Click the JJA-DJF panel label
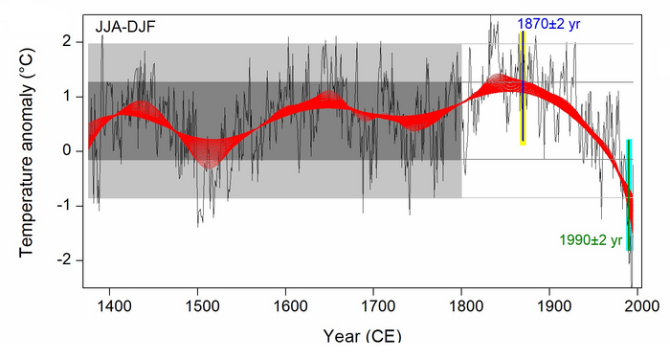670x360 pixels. [x=125, y=27]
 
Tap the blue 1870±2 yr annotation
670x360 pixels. [x=548, y=24]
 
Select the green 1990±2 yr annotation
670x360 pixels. [x=591, y=240]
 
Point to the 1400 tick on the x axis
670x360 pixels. [x=110, y=306]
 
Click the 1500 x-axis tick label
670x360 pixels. [x=197, y=306]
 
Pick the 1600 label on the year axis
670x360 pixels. [x=285, y=306]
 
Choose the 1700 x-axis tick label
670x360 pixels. [x=373, y=306]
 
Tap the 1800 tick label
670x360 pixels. [x=461, y=306]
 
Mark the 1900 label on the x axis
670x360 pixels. [x=549, y=306]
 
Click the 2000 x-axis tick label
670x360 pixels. [x=637, y=306]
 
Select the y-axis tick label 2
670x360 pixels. [x=67, y=42]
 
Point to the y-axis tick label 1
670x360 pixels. [x=67, y=97]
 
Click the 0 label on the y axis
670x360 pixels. [x=67, y=151]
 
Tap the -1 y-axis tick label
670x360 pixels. [x=64, y=206]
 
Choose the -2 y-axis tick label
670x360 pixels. [x=64, y=260]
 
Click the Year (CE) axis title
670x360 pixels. [x=363, y=336]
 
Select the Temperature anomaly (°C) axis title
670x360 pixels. [x=27, y=152]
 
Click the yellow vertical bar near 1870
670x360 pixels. [x=523, y=88]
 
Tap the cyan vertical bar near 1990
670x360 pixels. [x=630, y=195]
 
